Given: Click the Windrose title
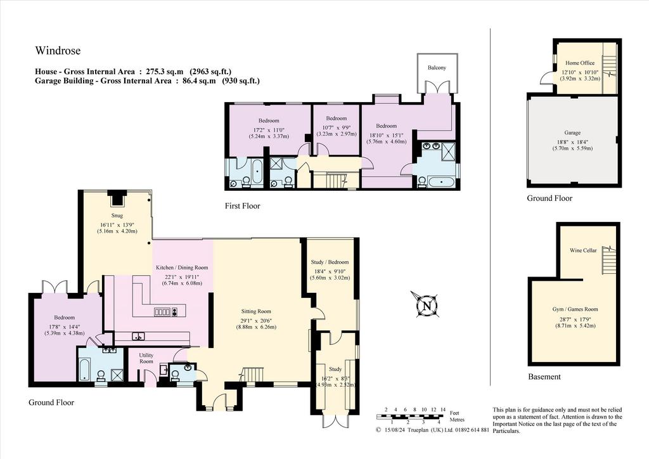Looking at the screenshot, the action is tap(58, 51).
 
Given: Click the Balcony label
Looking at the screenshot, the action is tap(437, 67).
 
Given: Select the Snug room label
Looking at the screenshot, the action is tap(117, 215).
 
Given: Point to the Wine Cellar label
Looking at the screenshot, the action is tap(583, 250).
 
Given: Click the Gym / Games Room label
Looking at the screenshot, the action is tap(575, 309).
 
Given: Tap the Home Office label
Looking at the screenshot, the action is tap(580, 63).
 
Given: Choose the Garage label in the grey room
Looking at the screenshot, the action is tap(572, 133).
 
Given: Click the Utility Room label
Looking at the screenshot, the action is tap(146, 358).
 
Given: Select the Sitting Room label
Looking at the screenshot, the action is tap(256, 311).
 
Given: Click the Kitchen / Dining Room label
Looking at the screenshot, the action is tap(182, 268).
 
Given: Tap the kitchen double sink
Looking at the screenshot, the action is tap(138, 336).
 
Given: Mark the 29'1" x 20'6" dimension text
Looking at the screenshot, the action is tap(256, 320).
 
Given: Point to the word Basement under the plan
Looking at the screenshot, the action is tap(544, 377).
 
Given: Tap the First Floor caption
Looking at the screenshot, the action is tap(243, 205).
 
